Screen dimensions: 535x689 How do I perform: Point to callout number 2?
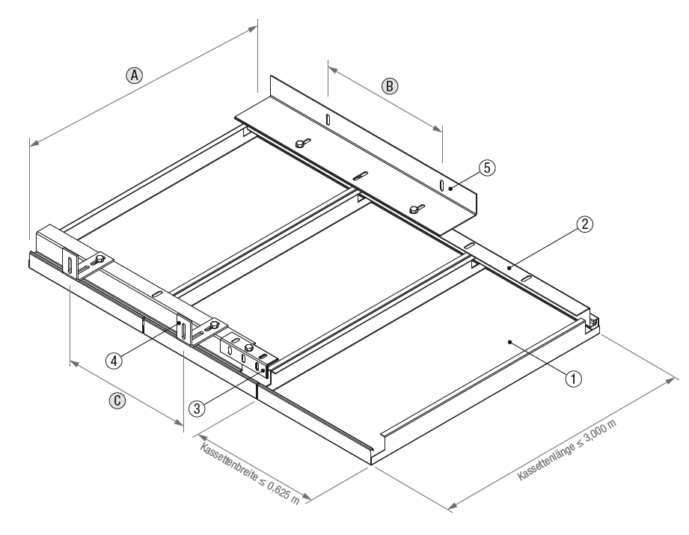click(x=586, y=223)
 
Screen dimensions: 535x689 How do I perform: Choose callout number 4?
click(x=114, y=360)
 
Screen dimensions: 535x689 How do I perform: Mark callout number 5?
click(x=487, y=168)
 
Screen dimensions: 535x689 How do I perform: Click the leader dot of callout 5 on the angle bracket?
click(x=450, y=189)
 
